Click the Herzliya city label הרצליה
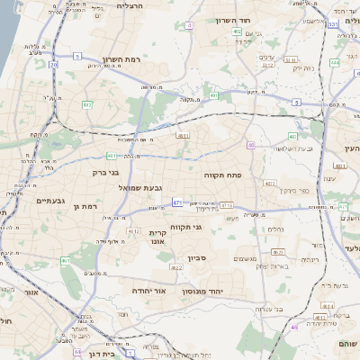click(x=132, y=6)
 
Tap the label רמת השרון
click(x=121, y=60)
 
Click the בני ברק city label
click(x=106, y=172)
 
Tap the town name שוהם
click(x=346, y=343)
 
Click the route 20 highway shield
click(x=54, y=65)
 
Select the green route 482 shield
click(x=87, y=105)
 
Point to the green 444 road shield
click(x=334, y=63)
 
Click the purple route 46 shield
click(x=293, y=328)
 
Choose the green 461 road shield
click(x=66, y=262)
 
